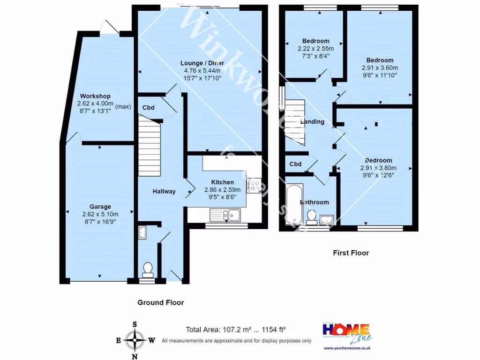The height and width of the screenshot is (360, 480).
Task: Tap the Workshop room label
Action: (x=95, y=96)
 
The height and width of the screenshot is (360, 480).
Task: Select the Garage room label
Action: (x=100, y=207)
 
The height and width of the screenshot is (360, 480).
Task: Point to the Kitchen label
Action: (x=222, y=182)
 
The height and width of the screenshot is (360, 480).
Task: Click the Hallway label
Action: (x=164, y=191)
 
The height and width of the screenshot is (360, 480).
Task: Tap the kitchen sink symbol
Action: (x=225, y=215)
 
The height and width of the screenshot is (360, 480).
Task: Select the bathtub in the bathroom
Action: (x=293, y=204)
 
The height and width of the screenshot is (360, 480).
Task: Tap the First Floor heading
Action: (x=351, y=253)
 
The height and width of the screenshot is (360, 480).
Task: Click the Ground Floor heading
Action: (x=160, y=303)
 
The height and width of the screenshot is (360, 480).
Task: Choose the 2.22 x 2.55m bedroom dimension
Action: (x=315, y=48)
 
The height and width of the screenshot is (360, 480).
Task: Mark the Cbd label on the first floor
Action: (x=295, y=164)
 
